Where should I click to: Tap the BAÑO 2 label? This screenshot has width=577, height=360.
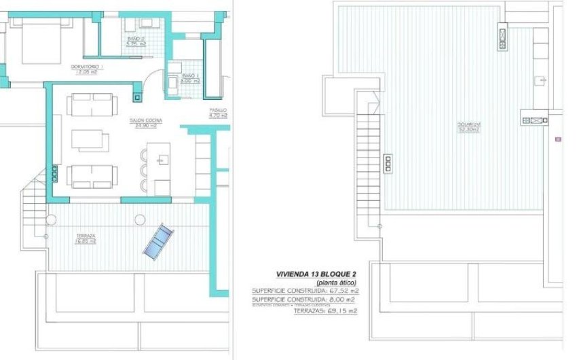click(x=136, y=39)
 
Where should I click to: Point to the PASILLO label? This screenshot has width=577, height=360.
click(x=218, y=110)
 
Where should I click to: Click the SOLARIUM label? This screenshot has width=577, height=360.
click(x=468, y=124)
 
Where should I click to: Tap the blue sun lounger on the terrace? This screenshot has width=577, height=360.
click(x=158, y=240)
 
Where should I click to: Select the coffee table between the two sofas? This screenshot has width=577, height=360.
click(x=90, y=140)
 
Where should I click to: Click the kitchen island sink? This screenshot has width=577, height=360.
click(x=163, y=160)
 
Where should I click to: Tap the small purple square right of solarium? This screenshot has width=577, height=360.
click(x=558, y=139)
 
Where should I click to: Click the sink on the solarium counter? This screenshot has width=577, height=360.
click(x=540, y=81)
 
